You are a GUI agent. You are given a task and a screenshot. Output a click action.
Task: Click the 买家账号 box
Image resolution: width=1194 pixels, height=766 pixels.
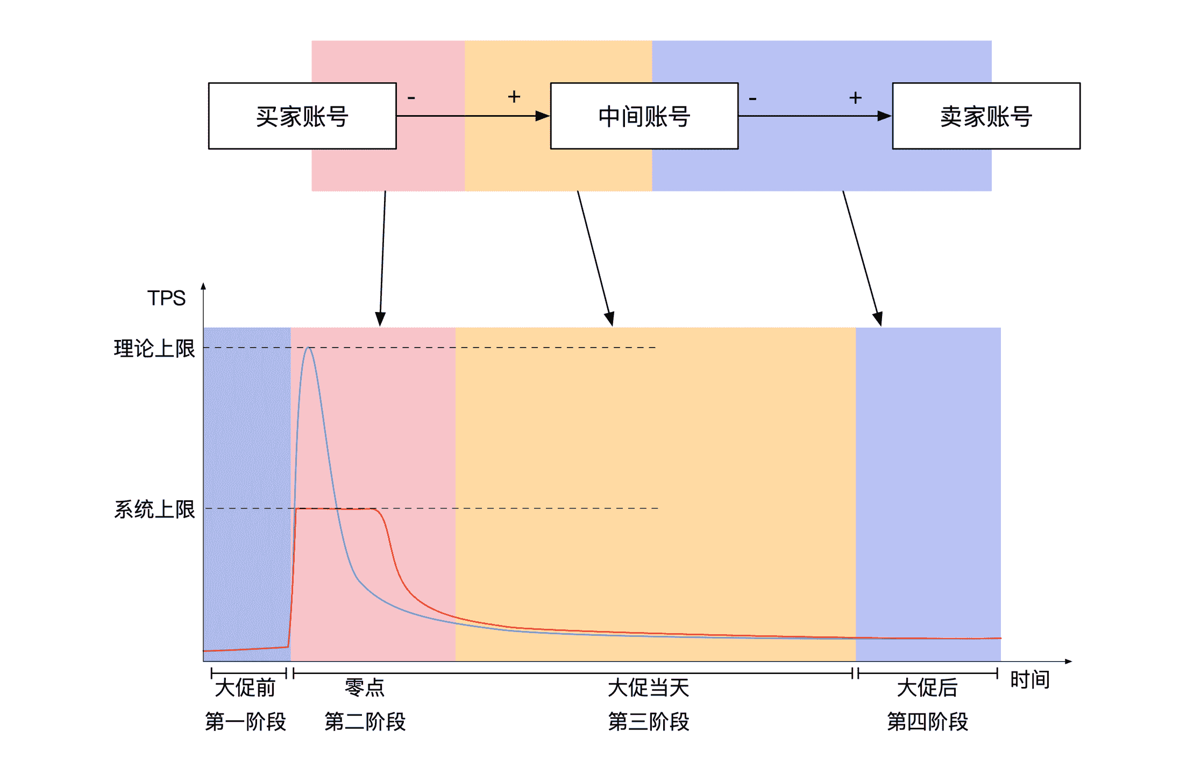point(302,116)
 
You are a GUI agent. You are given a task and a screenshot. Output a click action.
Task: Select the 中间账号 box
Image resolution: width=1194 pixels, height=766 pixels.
point(644,116)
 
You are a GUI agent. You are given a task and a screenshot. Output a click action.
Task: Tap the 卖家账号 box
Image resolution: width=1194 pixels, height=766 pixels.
point(986,116)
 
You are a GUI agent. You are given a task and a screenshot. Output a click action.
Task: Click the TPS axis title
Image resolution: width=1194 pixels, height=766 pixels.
point(166,298)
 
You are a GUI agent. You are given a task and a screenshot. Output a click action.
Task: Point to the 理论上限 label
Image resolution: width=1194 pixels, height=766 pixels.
point(154,349)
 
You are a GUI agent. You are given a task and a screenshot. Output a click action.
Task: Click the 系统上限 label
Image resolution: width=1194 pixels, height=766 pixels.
point(154,509)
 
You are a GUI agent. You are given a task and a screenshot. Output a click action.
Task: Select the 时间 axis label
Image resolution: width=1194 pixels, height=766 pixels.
point(1029,679)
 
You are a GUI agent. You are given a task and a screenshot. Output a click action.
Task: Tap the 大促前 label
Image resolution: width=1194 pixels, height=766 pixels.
point(245,687)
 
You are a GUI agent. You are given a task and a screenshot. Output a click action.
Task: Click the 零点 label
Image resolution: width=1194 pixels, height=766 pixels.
point(365,687)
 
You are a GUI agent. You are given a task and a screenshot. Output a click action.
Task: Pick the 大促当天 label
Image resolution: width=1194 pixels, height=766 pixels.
point(649,687)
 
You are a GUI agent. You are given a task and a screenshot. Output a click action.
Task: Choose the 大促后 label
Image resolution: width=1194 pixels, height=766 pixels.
point(927,687)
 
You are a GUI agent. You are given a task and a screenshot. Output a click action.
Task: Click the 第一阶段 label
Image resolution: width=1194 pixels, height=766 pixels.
point(245,721)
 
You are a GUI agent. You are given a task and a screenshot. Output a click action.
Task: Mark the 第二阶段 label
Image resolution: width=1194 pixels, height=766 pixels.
point(365,721)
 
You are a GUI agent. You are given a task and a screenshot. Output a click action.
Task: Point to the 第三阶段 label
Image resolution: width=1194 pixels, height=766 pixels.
point(649,721)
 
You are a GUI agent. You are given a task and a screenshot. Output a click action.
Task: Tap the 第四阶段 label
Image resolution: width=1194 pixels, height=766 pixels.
point(927,721)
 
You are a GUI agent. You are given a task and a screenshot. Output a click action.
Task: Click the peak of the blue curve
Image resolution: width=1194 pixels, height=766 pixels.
point(309,348)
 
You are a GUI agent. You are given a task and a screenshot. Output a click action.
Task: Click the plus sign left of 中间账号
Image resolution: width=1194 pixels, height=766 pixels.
point(514,97)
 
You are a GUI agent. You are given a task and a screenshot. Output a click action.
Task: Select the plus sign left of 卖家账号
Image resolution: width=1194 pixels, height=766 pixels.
point(855,98)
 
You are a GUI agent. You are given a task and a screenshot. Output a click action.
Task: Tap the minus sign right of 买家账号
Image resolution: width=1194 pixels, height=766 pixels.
point(411,98)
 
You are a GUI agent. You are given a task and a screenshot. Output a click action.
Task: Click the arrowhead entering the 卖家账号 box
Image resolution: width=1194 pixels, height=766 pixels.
point(884,116)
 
